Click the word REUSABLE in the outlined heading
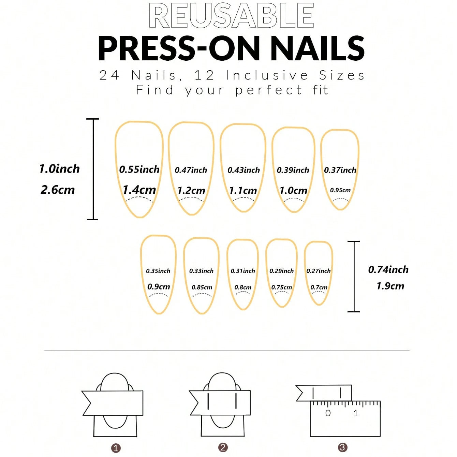[x=231, y=16]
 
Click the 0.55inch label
[x=139, y=169]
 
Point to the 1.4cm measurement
[x=139, y=190]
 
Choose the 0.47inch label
[x=191, y=170]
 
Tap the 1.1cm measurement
[x=243, y=190]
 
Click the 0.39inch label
[x=293, y=170]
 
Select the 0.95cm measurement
[x=340, y=190]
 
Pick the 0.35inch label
[x=158, y=271]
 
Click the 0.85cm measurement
[x=202, y=287]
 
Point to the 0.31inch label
[x=243, y=271]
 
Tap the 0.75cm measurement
[x=281, y=287]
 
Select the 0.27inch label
[x=318, y=271]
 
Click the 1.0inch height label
[x=59, y=168]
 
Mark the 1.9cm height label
[x=390, y=286]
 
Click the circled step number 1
[x=116, y=448]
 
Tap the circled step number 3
[x=342, y=447]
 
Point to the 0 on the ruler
[x=328, y=413]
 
